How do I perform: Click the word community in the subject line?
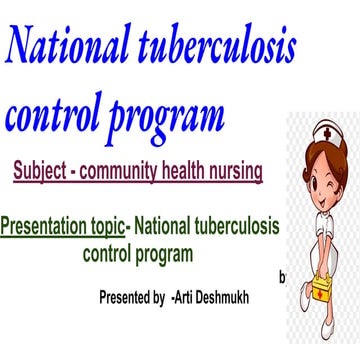(x=144, y=172)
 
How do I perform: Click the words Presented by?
(x=132, y=297)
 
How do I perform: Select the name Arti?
(x=190, y=297)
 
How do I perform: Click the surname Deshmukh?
(x=240, y=297)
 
